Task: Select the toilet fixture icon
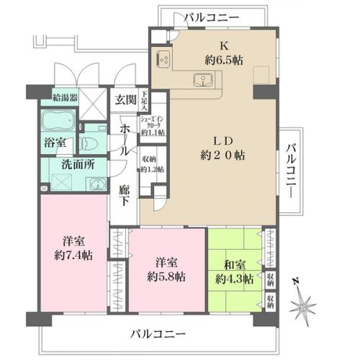pyautogui.click(x=90, y=140)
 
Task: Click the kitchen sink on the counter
pyautogui.click(x=201, y=79)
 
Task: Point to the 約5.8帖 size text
pyautogui.click(x=166, y=276)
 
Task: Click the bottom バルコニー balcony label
pyautogui.click(x=158, y=334)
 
